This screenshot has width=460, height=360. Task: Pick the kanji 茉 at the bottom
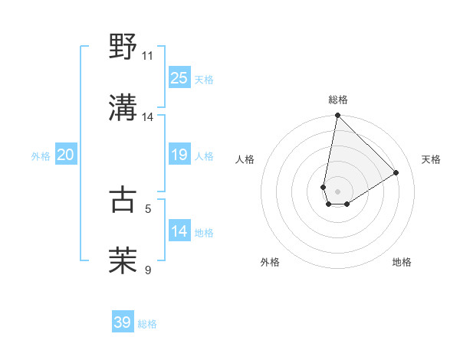[x=123, y=260]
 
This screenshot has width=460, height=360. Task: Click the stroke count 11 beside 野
[x=147, y=55]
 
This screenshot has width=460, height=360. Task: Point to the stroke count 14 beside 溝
[x=147, y=116]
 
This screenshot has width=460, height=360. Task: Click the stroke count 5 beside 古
[x=148, y=208]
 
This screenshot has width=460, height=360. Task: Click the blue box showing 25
[x=179, y=78]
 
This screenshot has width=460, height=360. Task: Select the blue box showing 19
[x=179, y=155]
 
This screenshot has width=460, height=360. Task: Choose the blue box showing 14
[x=179, y=231]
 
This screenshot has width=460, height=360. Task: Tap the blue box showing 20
[x=65, y=155]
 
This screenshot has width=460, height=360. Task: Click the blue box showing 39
[x=122, y=322]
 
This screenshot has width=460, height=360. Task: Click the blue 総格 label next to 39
[x=147, y=324]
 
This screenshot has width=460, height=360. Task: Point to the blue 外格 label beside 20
[x=41, y=156]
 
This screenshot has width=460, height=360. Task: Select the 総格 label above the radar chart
[x=337, y=100]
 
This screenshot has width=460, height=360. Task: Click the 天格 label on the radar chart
[x=431, y=159]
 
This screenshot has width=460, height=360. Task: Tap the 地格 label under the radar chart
[x=402, y=262]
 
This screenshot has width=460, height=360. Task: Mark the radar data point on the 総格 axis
[x=337, y=116]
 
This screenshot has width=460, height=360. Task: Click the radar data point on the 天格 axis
[x=396, y=172]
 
